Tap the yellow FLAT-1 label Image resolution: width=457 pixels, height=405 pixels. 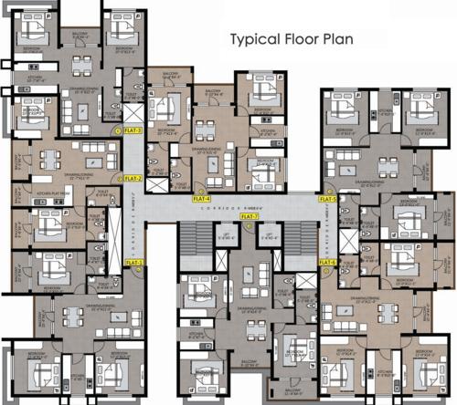(134, 263)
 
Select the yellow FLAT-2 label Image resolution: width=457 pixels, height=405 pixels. (133, 179)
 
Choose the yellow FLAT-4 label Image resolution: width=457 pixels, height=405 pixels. (202, 198)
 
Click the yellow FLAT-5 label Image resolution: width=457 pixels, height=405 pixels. (328, 198)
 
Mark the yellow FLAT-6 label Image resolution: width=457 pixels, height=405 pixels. (328, 262)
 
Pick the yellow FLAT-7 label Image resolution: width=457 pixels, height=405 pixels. (250, 216)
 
